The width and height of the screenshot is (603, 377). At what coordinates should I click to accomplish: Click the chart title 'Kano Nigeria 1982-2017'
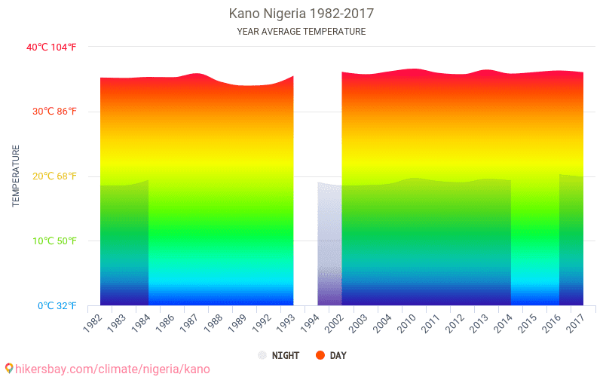pyautogui.click(x=301, y=14)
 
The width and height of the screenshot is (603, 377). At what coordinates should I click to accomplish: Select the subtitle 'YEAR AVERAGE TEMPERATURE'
pyautogui.click(x=301, y=32)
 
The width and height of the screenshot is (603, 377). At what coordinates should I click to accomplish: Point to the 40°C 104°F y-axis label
pyautogui.click(x=51, y=47)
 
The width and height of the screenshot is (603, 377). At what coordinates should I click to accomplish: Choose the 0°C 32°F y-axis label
pyautogui.click(x=54, y=306)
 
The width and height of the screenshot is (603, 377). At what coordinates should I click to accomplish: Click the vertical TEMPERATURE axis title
pyautogui.click(x=16, y=176)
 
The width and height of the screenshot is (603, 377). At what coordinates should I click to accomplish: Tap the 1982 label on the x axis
pyautogui.click(x=93, y=323)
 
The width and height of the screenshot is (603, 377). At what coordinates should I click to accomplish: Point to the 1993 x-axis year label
pyautogui.click(x=286, y=323)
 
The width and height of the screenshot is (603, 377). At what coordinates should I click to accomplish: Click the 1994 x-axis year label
pyautogui.click(x=311, y=323)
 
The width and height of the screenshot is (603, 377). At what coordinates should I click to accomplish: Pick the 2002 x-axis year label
pyautogui.click(x=335, y=323)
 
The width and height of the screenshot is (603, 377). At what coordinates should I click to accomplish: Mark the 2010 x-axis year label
pyautogui.click(x=407, y=323)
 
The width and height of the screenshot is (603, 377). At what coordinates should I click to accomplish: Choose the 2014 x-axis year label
pyautogui.click(x=504, y=323)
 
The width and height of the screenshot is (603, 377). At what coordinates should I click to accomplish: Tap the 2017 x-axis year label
pyautogui.click(x=576, y=323)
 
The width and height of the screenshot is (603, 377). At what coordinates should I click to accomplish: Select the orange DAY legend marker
pyautogui.click(x=320, y=355)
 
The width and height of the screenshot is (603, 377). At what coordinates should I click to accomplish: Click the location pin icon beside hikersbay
pyautogui.click(x=9, y=369)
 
